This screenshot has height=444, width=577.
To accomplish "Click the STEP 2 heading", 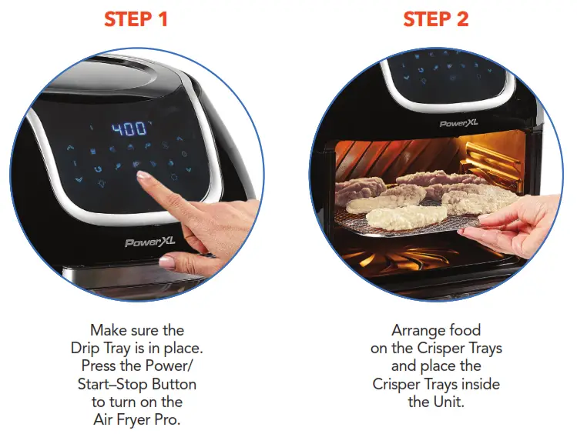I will [x=436, y=20].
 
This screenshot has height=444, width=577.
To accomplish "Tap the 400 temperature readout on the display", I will [x=129, y=129].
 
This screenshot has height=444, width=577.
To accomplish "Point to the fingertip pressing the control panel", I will [x=143, y=177].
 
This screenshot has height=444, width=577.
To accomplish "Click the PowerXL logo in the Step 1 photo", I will [x=151, y=242].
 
